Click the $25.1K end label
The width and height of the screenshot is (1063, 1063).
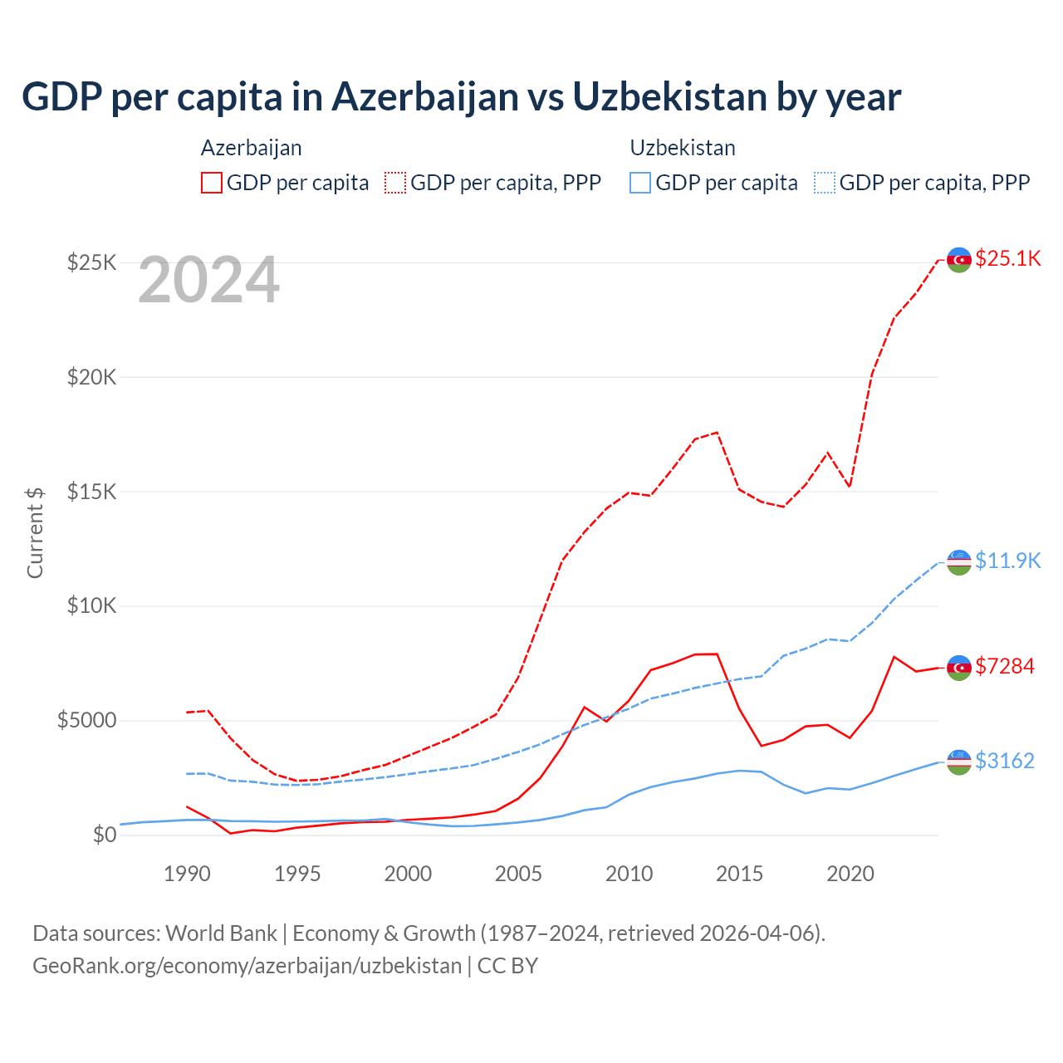click(1007, 259)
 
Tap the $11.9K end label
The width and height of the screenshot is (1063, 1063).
click(1007, 561)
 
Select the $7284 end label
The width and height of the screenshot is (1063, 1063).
click(1005, 666)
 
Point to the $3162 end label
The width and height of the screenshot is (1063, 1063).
click(1005, 761)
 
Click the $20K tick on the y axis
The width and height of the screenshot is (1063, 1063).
click(92, 378)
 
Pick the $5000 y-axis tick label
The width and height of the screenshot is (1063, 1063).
click(86, 720)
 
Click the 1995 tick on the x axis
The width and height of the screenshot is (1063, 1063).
click(297, 874)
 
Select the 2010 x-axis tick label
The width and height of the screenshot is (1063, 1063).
click(629, 874)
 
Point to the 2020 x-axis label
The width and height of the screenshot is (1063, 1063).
click(850, 874)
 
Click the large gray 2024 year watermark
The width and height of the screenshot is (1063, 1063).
click(208, 281)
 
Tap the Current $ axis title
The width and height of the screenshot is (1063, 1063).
click(35, 532)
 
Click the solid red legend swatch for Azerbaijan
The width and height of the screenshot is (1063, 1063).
click(212, 183)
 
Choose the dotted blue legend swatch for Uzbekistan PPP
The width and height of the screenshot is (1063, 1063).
click(825, 183)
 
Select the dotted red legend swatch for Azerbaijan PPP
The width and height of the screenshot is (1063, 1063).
click(395, 183)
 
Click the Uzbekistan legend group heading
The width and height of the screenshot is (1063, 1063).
click(683, 148)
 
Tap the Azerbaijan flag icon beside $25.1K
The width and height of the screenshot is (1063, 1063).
click(959, 260)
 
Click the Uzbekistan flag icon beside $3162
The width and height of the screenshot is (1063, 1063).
click(959, 762)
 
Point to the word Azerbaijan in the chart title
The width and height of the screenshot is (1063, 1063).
click(425, 96)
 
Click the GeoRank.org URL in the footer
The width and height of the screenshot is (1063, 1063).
click(247, 966)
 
